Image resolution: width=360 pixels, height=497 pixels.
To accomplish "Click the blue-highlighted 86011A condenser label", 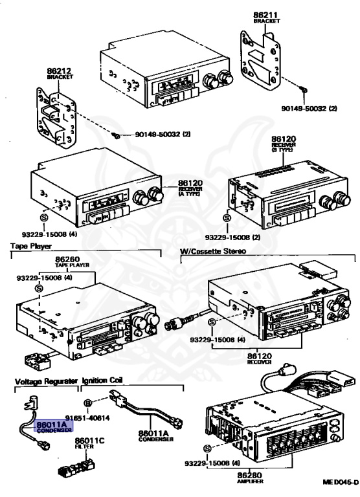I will pyautogui.click(x=52, y=426).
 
